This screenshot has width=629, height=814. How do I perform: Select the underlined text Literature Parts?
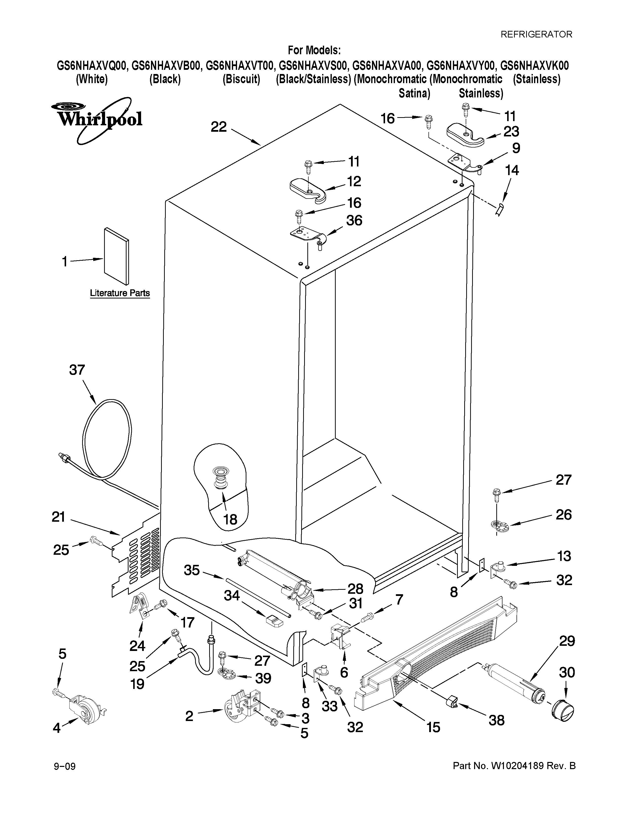tap(120, 293)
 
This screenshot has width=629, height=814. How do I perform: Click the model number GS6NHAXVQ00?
tap(92, 66)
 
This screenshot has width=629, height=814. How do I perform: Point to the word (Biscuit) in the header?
tap(241, 79)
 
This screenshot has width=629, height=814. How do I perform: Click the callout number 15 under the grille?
tap(433, 727)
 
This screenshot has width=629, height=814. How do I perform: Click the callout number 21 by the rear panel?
tap(58, 517)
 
